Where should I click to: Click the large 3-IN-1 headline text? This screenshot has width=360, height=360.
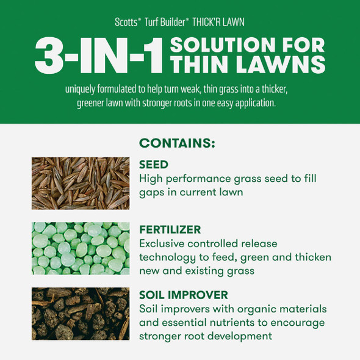[x=99, y=57]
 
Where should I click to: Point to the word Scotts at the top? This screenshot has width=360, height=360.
[x=127, y=21]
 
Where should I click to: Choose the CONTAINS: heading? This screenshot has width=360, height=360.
[x=177, y=144]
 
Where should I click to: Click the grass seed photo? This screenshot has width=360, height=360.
[x=81, y=183]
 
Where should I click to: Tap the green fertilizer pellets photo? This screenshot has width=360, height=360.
[x=81, y=248]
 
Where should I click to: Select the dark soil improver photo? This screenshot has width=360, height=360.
[x=81, y=313]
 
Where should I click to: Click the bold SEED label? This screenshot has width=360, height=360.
[x=154, y=165]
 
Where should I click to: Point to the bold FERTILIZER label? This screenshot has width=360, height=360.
[x=170, y=230]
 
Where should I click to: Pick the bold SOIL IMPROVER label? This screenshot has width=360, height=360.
[x=182, y=295]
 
